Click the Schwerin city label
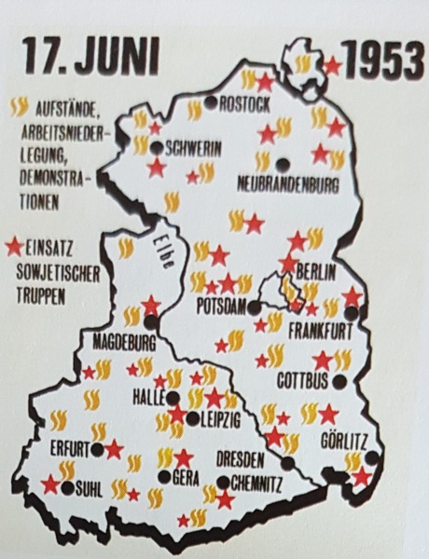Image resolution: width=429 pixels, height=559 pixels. click(195, 147)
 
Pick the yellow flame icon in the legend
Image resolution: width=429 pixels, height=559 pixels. click(19, 107)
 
